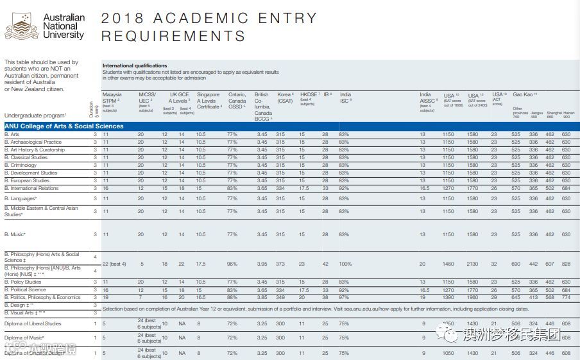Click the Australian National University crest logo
click(21, 28)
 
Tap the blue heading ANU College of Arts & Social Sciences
click(64, 126)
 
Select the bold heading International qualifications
click(135, 66)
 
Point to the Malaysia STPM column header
click(112, 98)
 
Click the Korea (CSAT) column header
click(286, 98)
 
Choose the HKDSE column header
click(309, 97)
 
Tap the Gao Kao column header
click(525, 94)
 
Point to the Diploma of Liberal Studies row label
click(33, 324)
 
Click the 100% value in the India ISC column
click(346, 264)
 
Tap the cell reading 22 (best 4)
click(114, 264)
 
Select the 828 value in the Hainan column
click(566, 264)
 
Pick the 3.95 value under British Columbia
click(262, 264)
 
